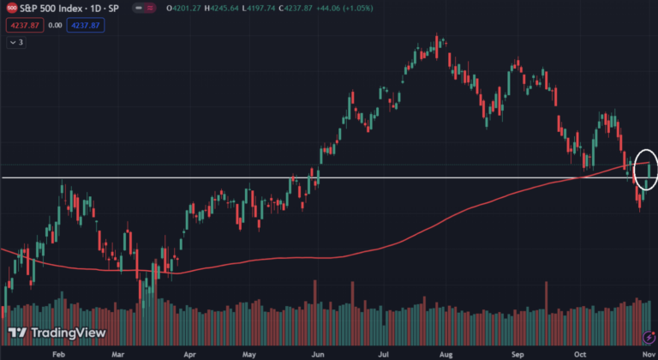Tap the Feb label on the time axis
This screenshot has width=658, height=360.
tap(59, 352)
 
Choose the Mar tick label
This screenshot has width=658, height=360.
tap(118, 352)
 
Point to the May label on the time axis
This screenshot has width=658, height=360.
tap(249, 352)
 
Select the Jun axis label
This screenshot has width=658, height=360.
tap(318, 352)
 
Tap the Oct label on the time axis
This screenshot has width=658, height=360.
tap(579, 352)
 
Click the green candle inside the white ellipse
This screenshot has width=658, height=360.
tap(649, 171)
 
